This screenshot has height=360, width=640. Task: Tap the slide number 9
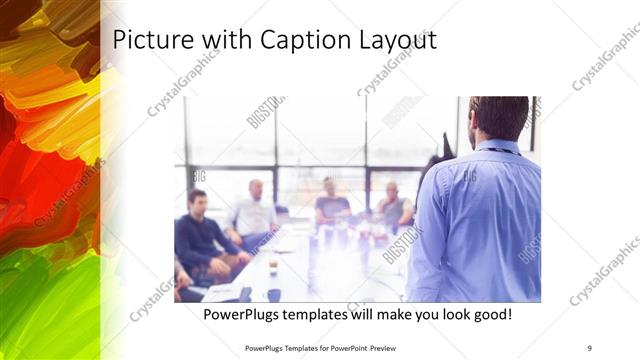589,347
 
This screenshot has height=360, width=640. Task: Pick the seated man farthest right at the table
393,205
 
